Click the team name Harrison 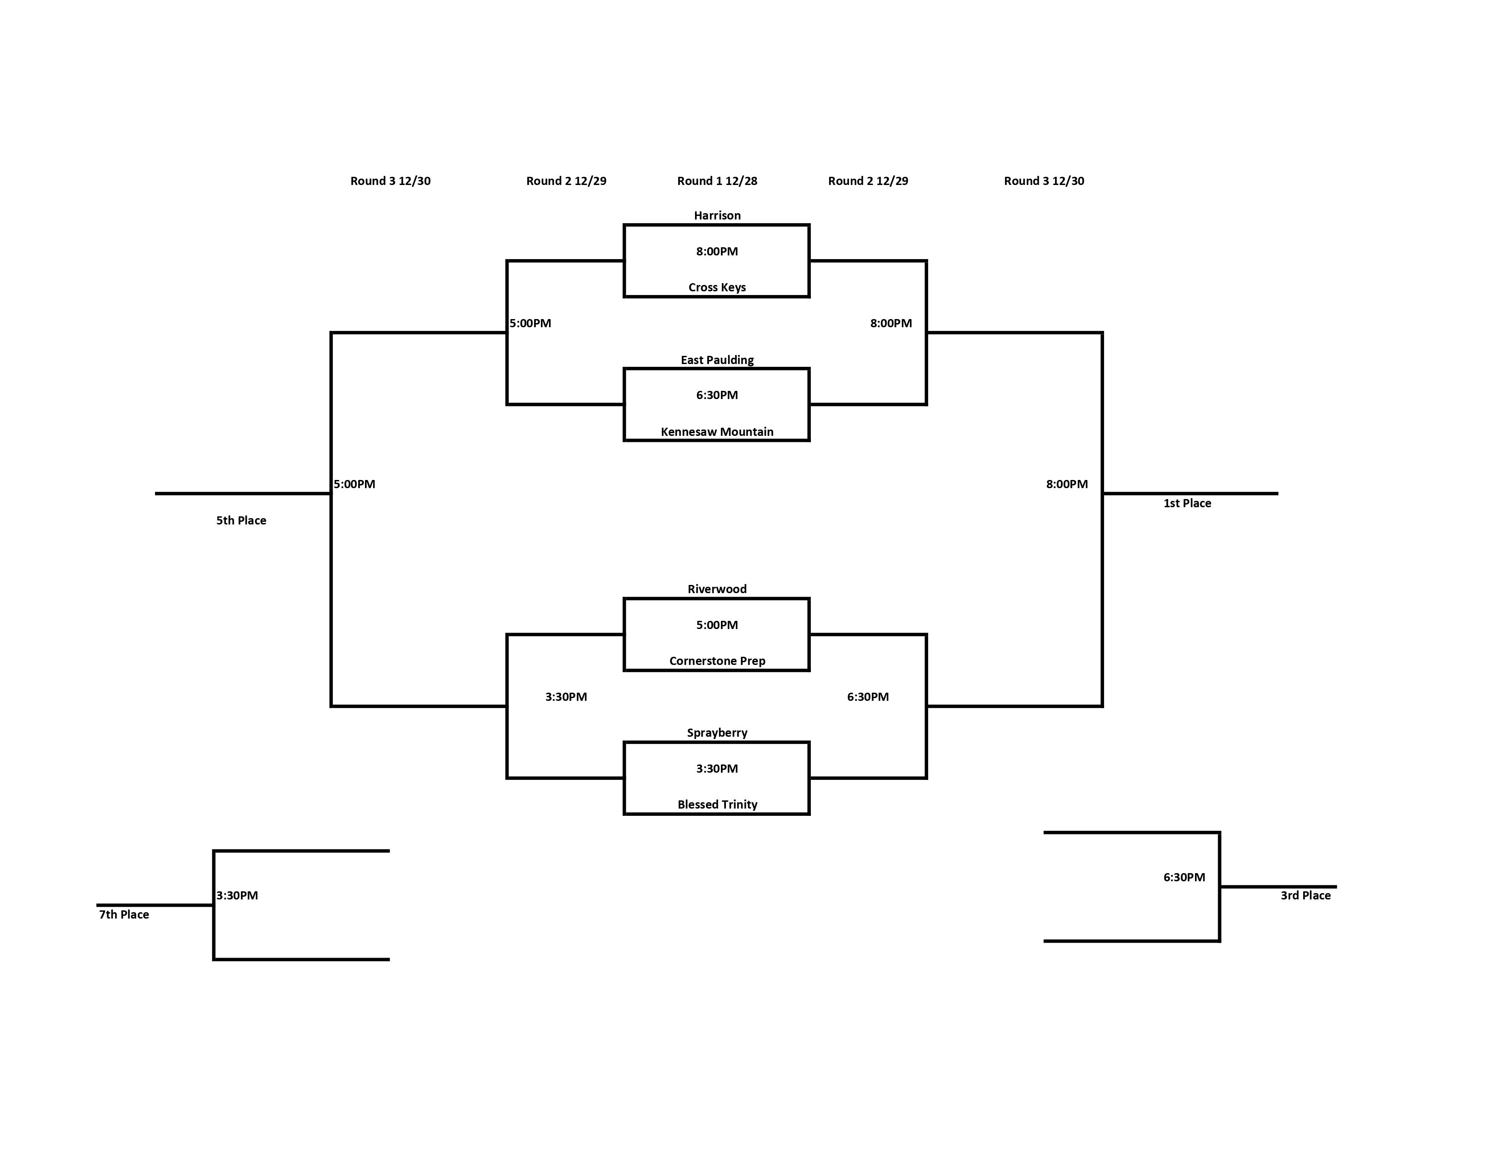(717, 215)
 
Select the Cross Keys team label (717, 287)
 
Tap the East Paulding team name (717, 360)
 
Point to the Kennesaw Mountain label (717, 432)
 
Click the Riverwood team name (717, 589)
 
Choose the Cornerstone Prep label (717, 660)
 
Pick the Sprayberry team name (717, 733)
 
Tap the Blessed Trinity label (717, 804)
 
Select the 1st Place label (1187, 503)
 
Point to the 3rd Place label (1305, 895)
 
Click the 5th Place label (241, 520)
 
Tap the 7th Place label (124, 914)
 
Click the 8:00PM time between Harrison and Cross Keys (717, 251)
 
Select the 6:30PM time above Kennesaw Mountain (717, 395)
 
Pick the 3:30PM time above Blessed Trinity (717, 768)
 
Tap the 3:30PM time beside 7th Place (237, 895)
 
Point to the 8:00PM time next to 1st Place (1067, 484)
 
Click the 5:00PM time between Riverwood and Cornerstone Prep (717, 625)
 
